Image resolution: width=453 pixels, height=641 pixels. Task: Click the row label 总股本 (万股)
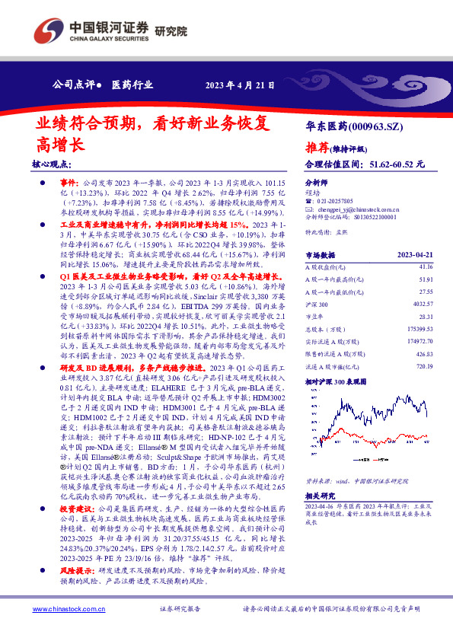pyautogui.click(x=326, y=329)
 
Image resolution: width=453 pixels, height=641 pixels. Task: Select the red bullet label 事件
pyautogui.click(x=69, y=183)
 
